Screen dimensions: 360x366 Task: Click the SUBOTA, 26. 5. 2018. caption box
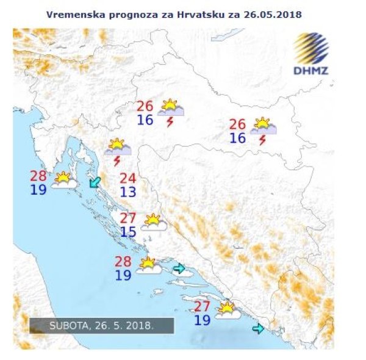[x=102, y=326]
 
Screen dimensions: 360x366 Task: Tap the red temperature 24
[x=127, y=179]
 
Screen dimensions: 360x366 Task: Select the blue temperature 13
[x=127, y=193]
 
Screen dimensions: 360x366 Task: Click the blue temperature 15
[x=127, y=232]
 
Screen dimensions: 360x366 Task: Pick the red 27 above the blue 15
[x=127, y=218]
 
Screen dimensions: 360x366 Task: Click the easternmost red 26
[x=237, y=124]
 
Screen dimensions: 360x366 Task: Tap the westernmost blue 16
[x=145, y=120]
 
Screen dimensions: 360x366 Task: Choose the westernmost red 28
[x=38, y=176]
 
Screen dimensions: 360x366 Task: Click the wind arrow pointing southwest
[x=95, y=182]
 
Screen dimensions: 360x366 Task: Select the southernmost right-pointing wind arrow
[x=258, y=329]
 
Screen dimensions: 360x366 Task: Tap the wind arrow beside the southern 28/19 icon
[x=179, y=268]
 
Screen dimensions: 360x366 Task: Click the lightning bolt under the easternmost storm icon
[x=262, y=140]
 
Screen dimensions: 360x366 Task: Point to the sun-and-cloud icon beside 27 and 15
[x=154, y=222]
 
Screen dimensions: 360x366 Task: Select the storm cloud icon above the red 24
[x=117, y=146]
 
